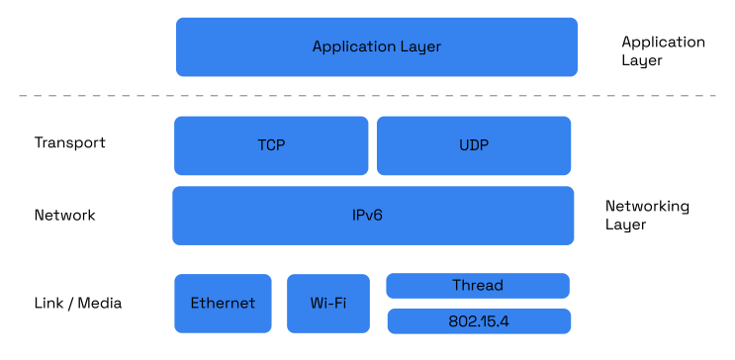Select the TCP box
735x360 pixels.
coord(271,145)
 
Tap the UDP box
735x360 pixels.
coord(474,145)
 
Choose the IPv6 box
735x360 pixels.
coord(373,215)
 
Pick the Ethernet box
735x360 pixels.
coord(223,304)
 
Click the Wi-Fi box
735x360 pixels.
coord(327,304)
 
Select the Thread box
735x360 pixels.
coord(478,285)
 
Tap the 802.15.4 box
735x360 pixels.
coord(479,321)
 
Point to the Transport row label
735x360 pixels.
coord(69,142)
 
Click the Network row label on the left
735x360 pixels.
coord(64,215)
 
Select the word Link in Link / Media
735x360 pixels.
coord(47,304)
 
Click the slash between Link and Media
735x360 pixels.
coord(70,304)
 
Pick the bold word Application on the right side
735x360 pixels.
coord(663,43)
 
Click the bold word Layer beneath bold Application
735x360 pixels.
coord(641,60)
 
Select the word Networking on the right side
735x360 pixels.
coord(647,207)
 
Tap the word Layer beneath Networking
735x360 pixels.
coord(625,225)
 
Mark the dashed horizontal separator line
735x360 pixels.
coord(367,96)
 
